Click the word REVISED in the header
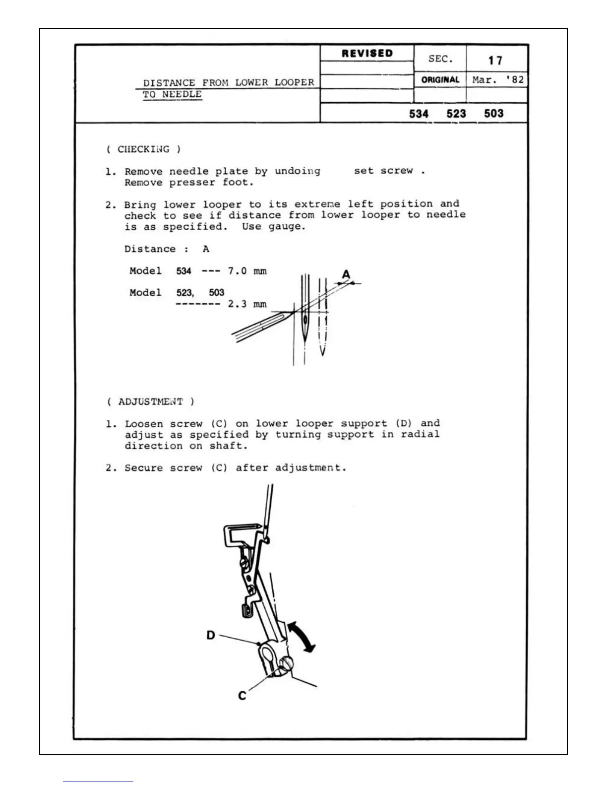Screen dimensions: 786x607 367,54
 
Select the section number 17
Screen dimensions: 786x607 495,61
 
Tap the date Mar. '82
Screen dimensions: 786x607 497,80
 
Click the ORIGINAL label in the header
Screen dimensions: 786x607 440,80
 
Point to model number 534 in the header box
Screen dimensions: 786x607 419,114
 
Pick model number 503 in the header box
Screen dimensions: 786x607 493,114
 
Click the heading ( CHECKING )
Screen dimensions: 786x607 143,149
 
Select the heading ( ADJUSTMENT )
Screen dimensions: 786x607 150,401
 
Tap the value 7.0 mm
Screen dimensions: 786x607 247,271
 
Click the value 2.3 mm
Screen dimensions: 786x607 247,304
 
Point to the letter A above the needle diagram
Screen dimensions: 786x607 346,274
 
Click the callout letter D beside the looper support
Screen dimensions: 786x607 211,635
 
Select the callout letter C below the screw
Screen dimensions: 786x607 242,696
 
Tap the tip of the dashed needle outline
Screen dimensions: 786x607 322,354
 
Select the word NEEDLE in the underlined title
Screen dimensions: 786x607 182,94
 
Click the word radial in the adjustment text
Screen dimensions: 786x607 420,435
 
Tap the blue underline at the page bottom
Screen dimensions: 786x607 98,782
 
